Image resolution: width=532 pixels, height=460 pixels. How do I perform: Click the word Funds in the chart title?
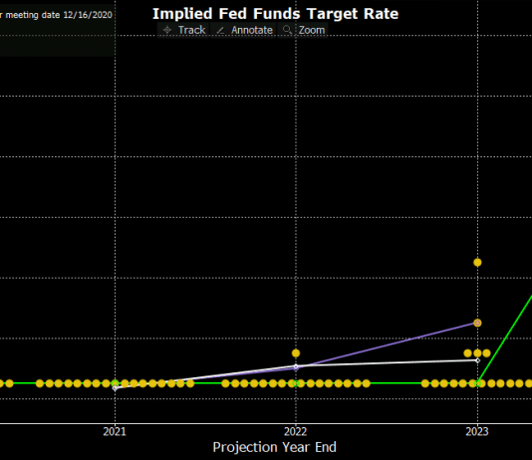coord(272,14)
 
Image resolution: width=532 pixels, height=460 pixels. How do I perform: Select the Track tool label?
coord(191,30)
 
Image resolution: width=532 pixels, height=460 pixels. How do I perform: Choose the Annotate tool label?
coord(252,30)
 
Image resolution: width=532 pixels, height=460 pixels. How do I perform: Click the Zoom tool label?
coord(311,30)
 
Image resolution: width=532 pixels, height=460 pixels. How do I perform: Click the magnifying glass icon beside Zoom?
coord(288,30)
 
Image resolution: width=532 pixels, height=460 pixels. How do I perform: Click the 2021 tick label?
coord(115,431)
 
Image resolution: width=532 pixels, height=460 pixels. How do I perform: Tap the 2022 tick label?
coord(296,431)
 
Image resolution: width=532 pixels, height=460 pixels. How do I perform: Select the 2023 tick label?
coord(477,431)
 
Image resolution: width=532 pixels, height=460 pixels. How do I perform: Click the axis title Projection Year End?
coord(274,448)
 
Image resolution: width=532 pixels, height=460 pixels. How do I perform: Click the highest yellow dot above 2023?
coord(477,262)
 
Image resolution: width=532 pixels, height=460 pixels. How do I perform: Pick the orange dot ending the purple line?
coord(477,323)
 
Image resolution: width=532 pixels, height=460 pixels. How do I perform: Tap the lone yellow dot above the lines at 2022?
coord(296,352)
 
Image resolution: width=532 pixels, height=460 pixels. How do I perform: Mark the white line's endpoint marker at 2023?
coord(477,359)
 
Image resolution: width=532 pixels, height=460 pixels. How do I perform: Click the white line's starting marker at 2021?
coord(116,387)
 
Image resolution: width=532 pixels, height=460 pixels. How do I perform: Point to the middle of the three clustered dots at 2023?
coord(477,352)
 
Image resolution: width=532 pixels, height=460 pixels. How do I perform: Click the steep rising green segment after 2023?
coord(508,335)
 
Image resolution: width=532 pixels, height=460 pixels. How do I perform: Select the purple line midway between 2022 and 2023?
coord(387,345)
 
